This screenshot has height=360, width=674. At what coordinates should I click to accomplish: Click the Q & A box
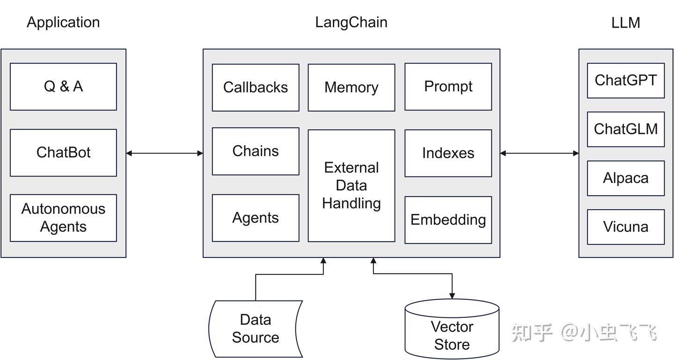click(63, 87)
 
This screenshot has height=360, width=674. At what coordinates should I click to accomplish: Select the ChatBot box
click(63, 153)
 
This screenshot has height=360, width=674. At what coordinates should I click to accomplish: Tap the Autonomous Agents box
click(63, 218)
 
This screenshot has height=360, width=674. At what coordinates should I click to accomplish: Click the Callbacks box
click(256, 88)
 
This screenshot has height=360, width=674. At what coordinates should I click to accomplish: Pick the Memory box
click(351, 88)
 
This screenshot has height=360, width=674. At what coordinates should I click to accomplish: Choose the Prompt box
click(448, 87)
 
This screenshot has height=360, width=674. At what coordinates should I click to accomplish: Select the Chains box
click(256, 151)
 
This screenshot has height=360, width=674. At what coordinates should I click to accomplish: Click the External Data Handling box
click(351, 185)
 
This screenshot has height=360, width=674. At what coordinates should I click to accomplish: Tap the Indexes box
click(448, 153)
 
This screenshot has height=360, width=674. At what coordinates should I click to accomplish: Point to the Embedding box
click(448, 220)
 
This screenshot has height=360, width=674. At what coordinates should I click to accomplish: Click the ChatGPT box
click(626, 81)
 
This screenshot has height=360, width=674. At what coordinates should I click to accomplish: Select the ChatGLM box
click(626, 129)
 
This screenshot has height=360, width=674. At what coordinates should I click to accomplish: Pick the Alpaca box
click(626, 178)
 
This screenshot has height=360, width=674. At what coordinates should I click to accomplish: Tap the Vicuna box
click(626, 227)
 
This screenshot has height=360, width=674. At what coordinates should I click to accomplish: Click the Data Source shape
click(256, 329)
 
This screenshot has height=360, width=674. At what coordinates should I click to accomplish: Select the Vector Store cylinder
click(452, 335)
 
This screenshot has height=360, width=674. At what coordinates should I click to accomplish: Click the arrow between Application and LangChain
click(164, 153)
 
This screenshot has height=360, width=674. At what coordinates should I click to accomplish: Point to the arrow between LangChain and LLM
click(539, 153)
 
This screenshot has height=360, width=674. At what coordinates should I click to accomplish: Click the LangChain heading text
click(351, 22)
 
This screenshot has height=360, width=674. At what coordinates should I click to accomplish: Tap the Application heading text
click(63, 22)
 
